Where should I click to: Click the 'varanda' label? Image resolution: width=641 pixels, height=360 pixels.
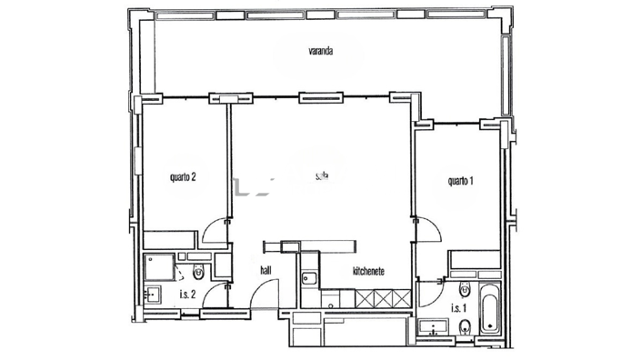tap(320, 52)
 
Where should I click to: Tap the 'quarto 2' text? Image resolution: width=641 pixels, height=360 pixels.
tap(184, 177)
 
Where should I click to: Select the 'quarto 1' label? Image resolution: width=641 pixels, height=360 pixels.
tap(461, 181)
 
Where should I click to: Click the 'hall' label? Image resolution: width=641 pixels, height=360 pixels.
tap(266, 270)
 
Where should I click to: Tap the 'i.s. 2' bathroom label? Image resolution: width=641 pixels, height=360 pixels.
tap(188, 294)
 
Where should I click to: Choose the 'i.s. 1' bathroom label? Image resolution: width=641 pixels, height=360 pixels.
tap(460, 307)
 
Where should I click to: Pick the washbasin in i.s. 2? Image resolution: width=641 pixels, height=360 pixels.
tap(154, 294)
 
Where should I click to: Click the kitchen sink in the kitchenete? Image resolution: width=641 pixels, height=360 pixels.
tap(309, 276)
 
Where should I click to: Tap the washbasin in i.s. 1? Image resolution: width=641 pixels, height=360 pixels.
tap(429, 327)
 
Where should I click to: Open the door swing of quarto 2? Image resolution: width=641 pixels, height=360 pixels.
tap(217, 234)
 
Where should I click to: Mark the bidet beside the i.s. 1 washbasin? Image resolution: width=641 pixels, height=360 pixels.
tap(464, 328)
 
